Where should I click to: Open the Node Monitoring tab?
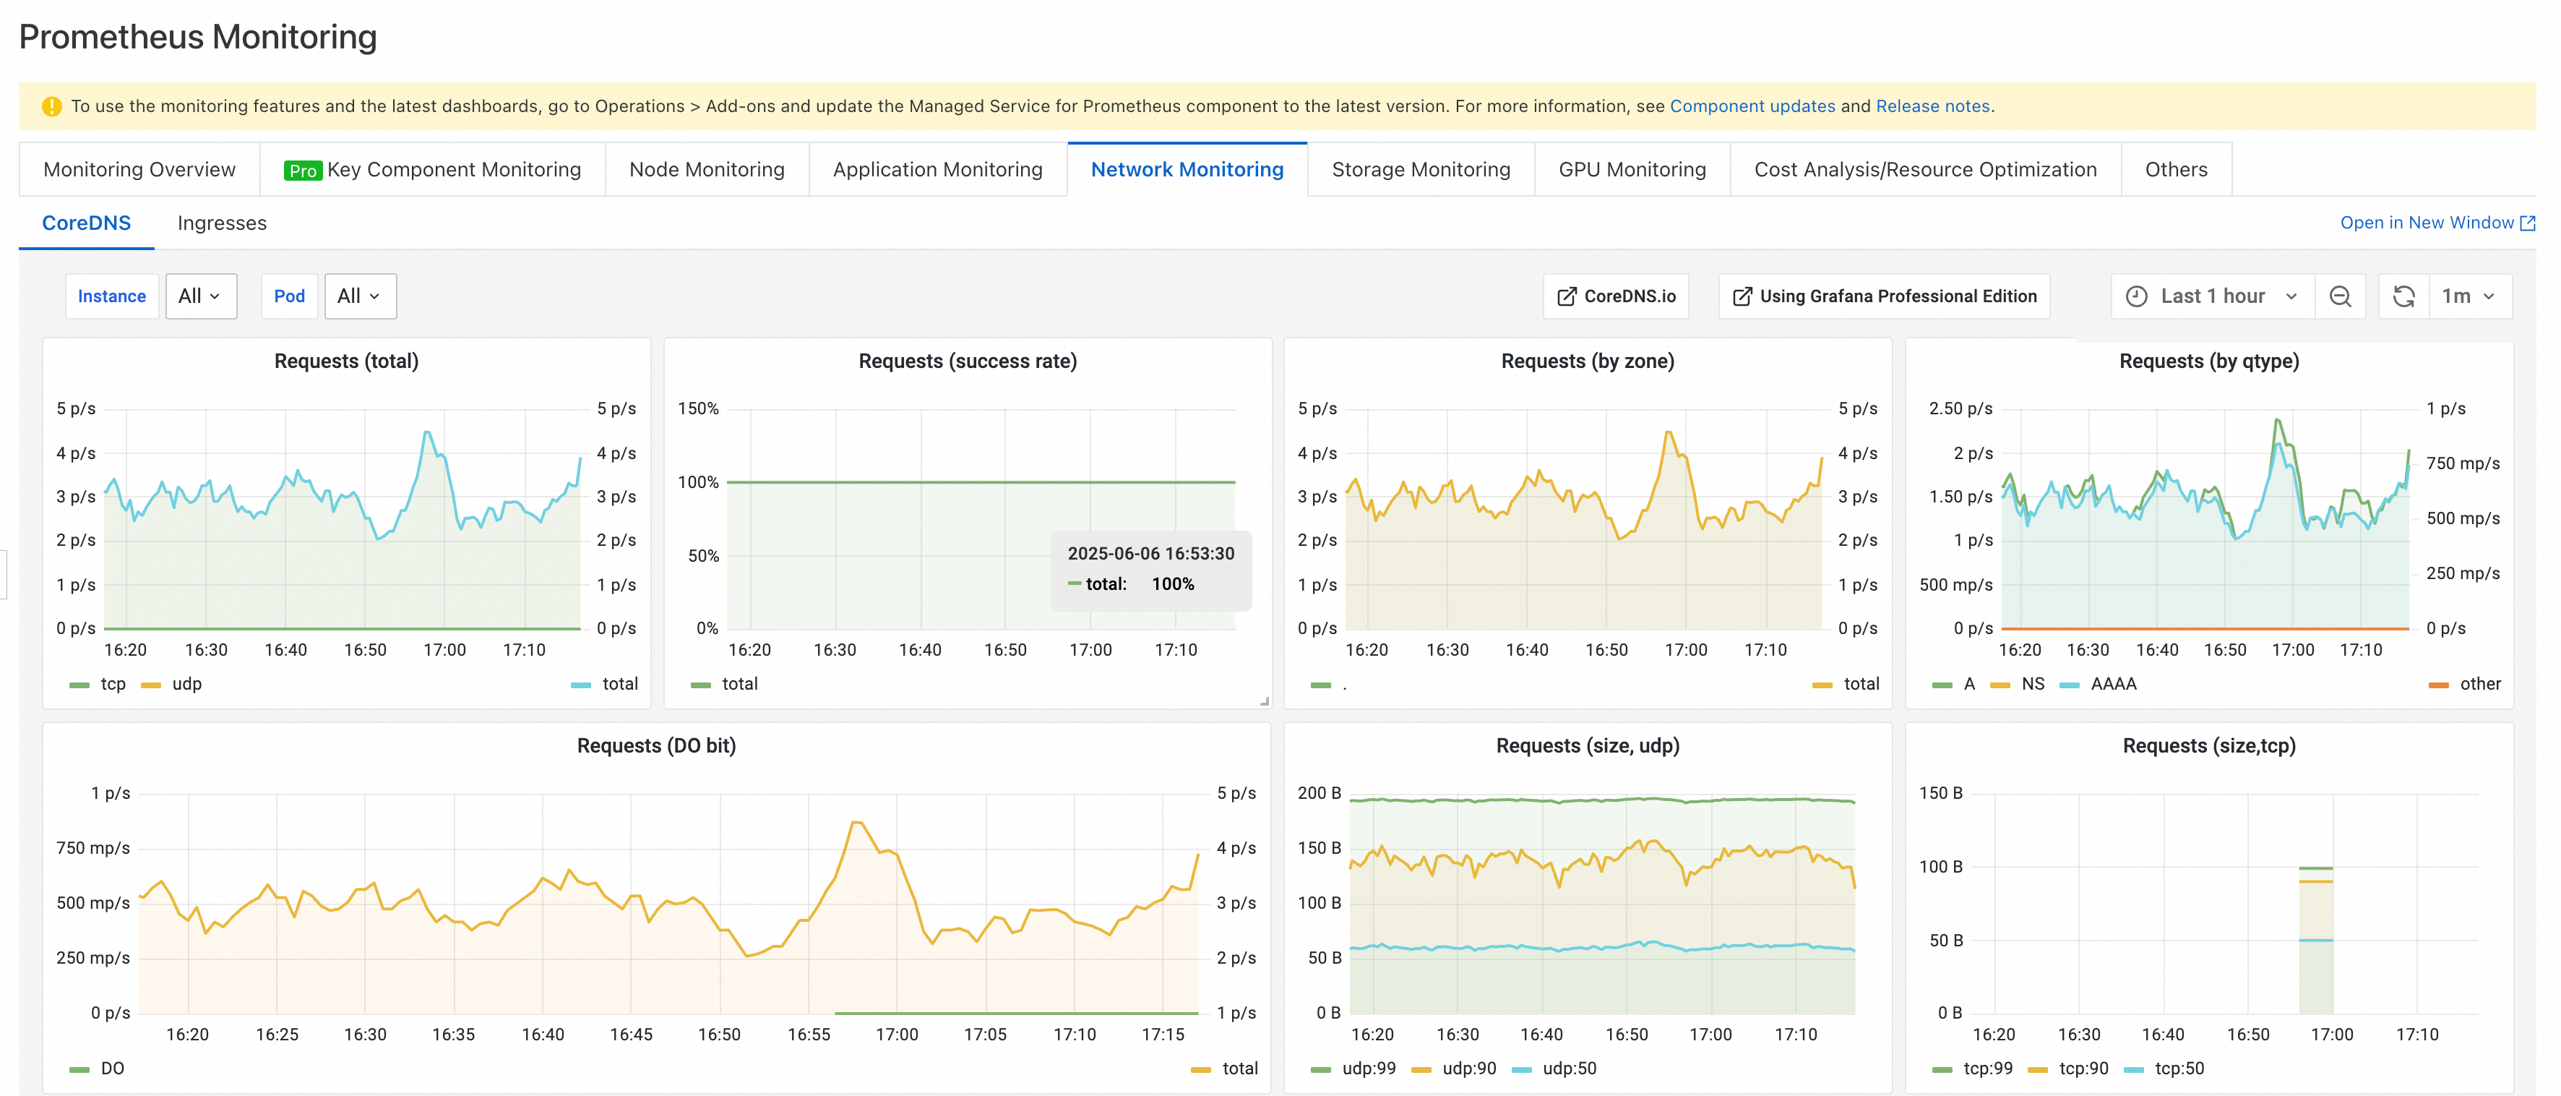(x=707, y=169)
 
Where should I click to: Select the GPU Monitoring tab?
(x=1632, y=169)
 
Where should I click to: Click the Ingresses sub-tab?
(x=222, y=223)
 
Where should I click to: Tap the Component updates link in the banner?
(x=1752, y=106)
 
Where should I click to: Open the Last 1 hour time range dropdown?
(x=2212, y=296)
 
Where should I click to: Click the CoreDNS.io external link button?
(x=1616, y=296)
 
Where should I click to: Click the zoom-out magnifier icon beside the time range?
(x=2341, y=296)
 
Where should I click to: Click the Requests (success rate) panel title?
(x=968, y=361)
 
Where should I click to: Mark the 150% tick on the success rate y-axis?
(x=698, y=408)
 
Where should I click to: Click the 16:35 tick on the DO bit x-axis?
(x=453, y=1035)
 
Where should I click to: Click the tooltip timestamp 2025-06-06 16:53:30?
(x=1150, y=554)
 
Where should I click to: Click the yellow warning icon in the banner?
(x=52, y=106)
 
